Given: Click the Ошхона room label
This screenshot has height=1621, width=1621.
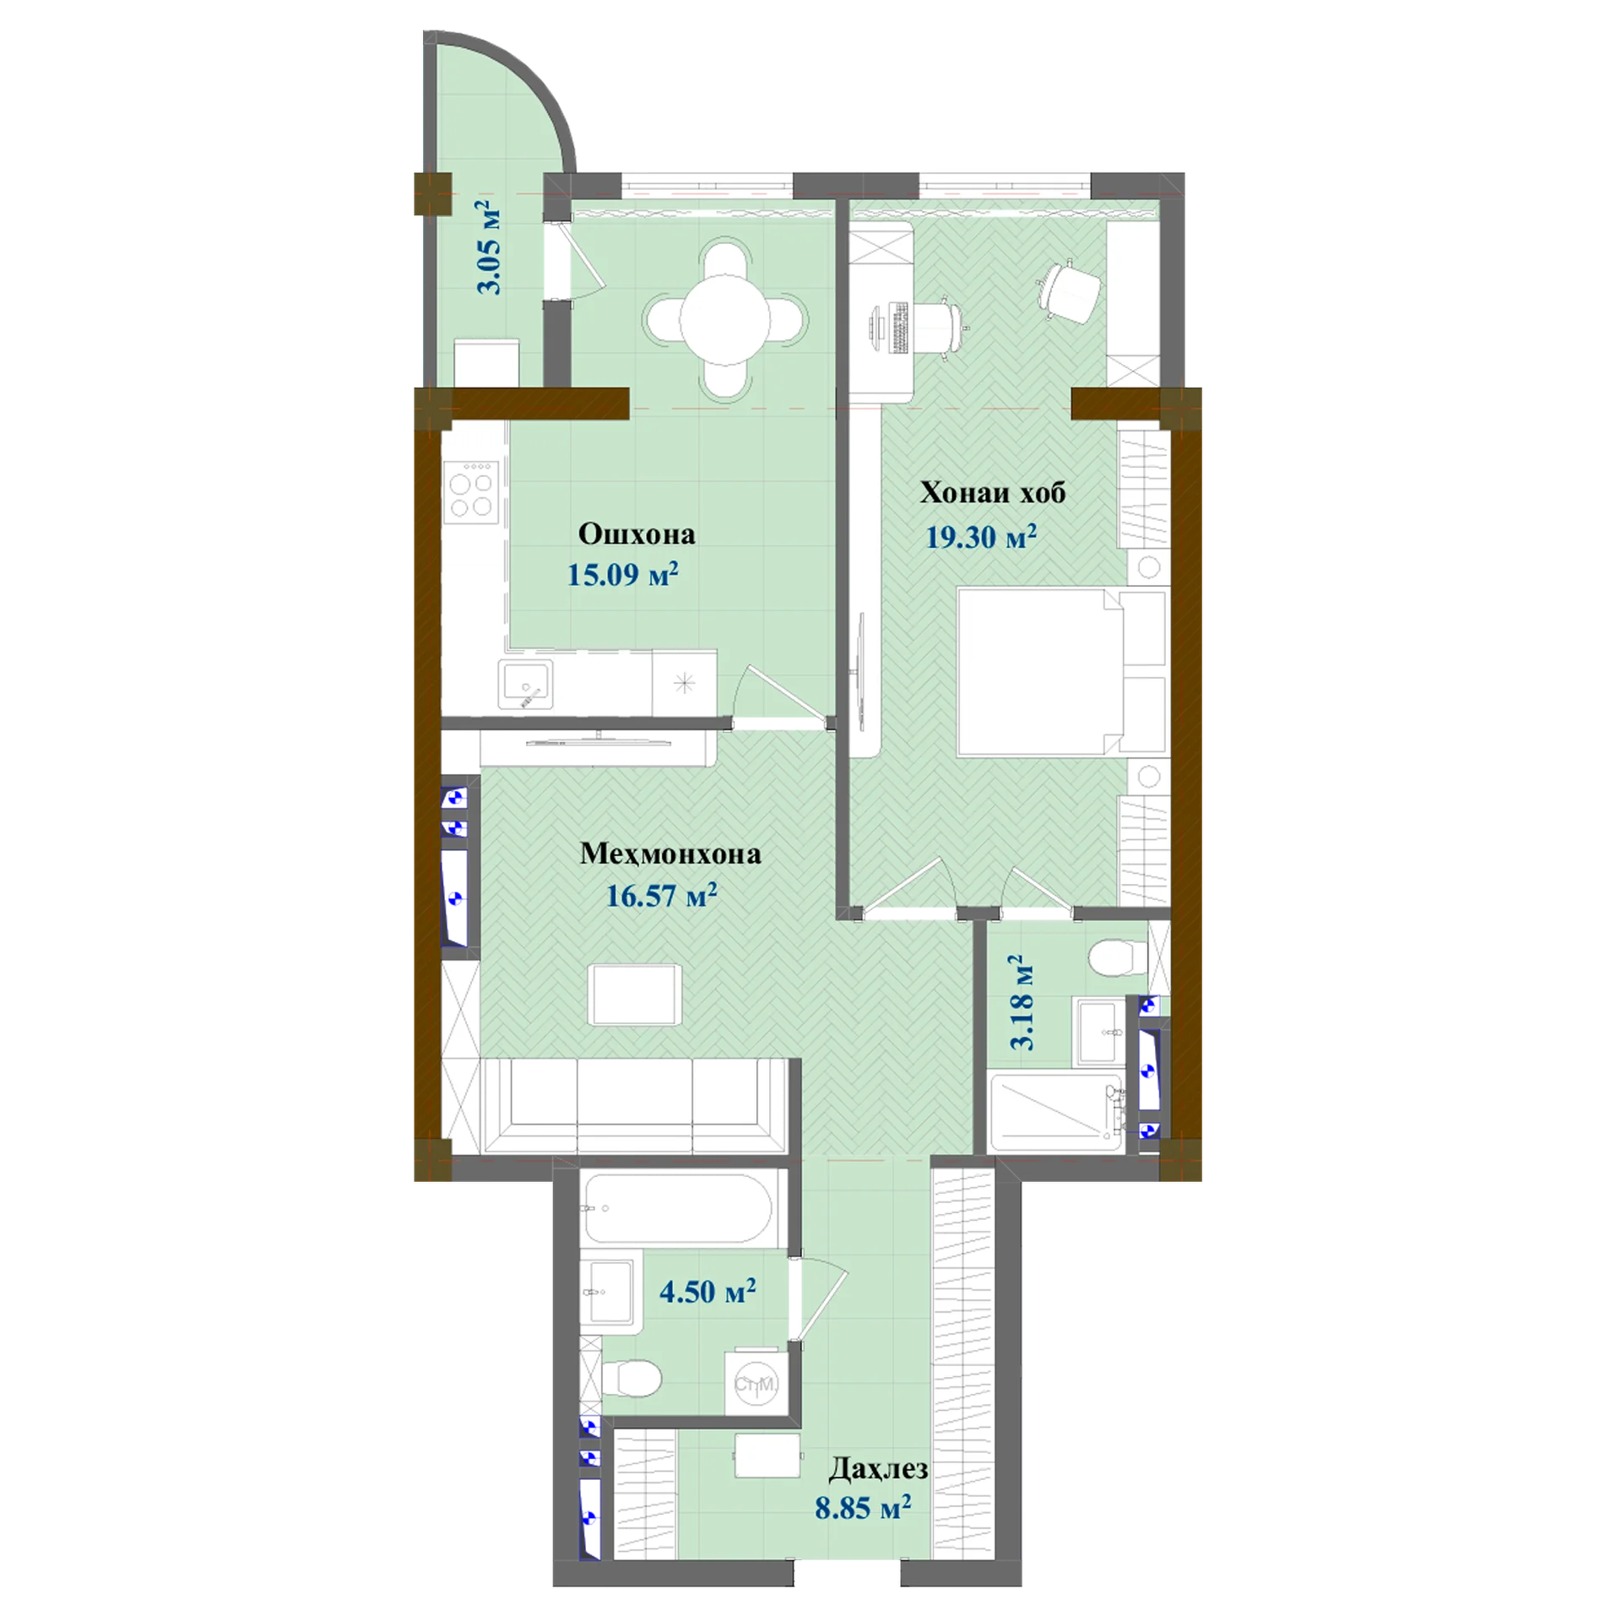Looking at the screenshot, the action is click(x=637, y=534).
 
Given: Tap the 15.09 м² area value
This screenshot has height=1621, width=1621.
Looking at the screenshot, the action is click(x=622, y=574).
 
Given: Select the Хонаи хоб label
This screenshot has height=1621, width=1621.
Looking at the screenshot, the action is click(x=992, y=492).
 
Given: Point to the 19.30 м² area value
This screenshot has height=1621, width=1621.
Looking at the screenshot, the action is click(x=981, y=536).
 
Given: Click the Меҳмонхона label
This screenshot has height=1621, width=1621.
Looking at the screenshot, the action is click(x=670, y=854).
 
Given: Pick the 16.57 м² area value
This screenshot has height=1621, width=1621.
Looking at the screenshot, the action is click(x=662, y=895).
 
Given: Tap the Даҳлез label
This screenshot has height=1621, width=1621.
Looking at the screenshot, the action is click(x=878, y=1469).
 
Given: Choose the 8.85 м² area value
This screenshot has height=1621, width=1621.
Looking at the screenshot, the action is click(x=863, y=1508).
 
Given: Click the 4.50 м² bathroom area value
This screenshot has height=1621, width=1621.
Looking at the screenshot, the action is click(x=707, y=1292).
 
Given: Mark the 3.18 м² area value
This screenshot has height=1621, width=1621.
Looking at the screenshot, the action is click(x=1021, y=1002).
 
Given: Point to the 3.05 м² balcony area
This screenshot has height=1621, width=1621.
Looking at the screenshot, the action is click(x=488, y=247).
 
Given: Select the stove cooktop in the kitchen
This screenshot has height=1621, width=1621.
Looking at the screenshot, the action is click(x=471, y=492).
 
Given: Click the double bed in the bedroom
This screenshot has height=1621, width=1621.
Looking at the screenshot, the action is click(x=1060, y=672).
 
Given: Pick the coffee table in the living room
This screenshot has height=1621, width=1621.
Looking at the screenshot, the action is click(x=636, y=995).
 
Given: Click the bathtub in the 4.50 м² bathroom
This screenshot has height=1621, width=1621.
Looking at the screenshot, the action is click(x=676, y=1209).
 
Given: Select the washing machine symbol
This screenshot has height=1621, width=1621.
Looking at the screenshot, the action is click(x=756, y=1385).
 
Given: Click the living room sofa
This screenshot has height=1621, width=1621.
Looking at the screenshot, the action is click(x=633, y=1105).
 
